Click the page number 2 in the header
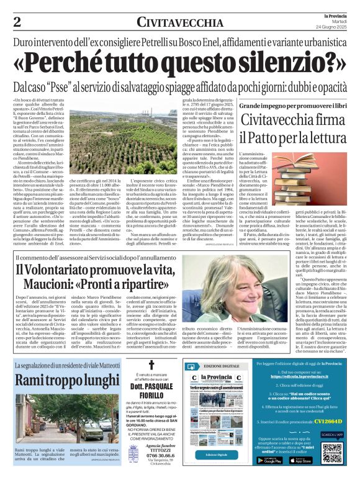(17, 22)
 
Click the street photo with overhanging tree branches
(58, 418)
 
